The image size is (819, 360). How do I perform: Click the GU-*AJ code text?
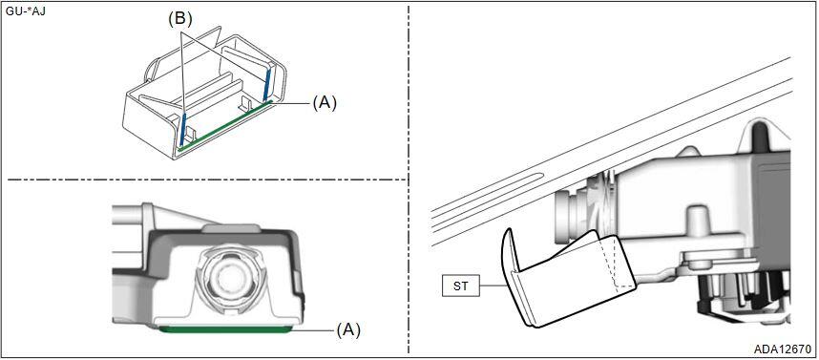pos(24,11)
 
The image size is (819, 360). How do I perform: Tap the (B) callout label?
pos(179,20)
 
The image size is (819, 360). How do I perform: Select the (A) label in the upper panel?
pos(325,103)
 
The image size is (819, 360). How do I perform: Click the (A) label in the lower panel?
pos(347,330)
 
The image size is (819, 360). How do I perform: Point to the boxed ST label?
pos(461,286)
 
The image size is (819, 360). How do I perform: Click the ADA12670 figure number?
pos(783,349)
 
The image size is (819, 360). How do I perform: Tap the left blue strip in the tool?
pos(181,129)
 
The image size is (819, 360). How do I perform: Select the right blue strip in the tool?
pos(267,84)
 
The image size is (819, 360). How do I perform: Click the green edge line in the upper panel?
pos(224,126)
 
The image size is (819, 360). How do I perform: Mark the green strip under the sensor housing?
pos(224,329)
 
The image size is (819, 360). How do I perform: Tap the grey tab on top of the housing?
pos(230,228)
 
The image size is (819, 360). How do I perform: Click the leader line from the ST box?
pos(494,286)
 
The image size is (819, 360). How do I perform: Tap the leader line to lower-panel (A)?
pos(312,330)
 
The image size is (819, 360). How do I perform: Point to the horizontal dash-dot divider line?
pos(207,180)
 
